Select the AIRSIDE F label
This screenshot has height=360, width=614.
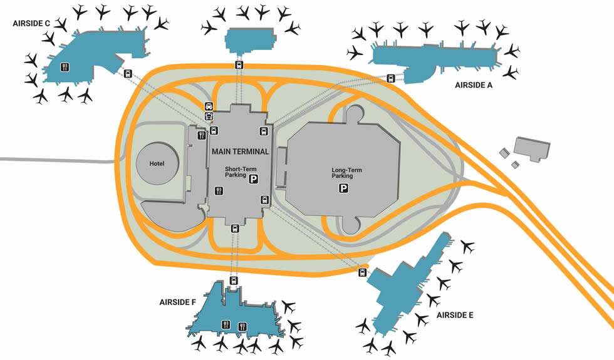tap(177, 302)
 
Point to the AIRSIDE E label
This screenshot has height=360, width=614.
tap(455, 315)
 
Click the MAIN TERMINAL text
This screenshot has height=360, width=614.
tap(240, 152)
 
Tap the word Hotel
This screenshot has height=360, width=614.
tap(156, 163)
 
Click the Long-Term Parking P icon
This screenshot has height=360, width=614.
tap(344, 188)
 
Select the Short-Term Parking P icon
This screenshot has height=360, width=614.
tap(254, 180)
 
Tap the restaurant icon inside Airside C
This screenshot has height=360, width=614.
tap(65, 67)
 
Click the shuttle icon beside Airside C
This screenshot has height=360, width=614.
tap(128, 73)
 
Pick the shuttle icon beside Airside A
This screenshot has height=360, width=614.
tap(391, 78)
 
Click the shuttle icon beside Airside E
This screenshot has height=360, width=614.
tap(362, 272)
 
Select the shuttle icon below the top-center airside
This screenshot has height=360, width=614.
tap(239, 65)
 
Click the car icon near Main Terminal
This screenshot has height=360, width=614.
tap(209, 106)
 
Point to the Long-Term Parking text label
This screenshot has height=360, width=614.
tap(346, 173)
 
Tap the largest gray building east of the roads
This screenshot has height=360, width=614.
tap(531, 148)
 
